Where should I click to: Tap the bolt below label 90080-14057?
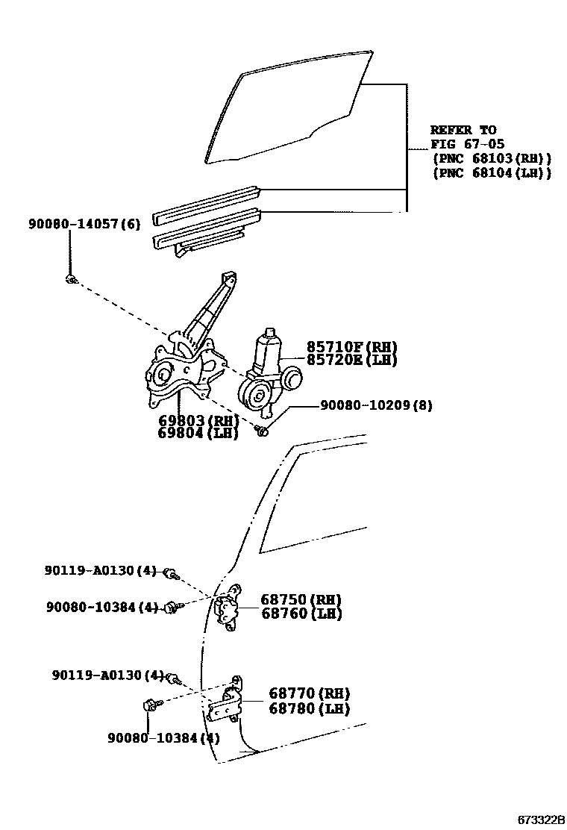click(x=69, y=279)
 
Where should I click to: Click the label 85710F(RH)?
click(x=351, y=347)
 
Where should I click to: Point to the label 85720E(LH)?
click(x=351, y=360)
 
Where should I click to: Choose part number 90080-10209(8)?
click(x=376, y=405)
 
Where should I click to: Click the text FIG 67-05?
click(x=463, y=143)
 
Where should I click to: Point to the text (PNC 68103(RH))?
click(x=491, y=158)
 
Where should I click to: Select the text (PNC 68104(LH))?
click(x=491, y=173)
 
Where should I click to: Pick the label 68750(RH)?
click(x=301, y=599)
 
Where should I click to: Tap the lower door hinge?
click(x=227, y=702)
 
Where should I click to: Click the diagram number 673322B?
click(x=539, y=820)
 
